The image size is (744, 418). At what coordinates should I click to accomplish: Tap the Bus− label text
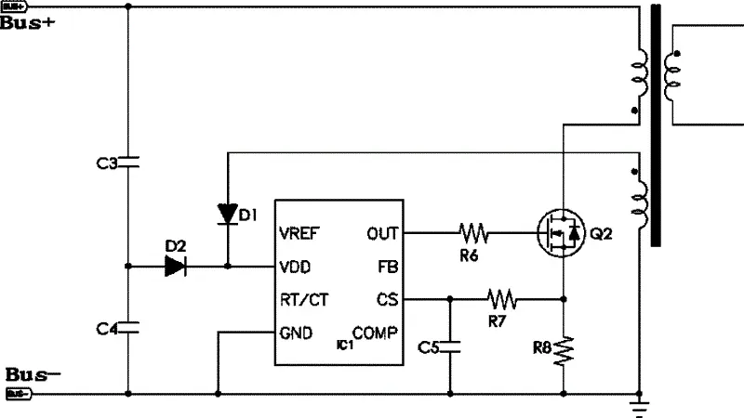tap(33, 375)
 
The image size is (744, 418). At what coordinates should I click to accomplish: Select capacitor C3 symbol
tap(128, 163)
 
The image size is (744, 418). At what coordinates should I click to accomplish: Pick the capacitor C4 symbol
tap(128, 327)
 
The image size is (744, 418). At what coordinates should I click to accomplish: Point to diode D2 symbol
tap(176, 267)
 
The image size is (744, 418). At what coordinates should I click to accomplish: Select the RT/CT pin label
tap(303, 300)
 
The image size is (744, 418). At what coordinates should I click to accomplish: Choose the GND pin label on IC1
tap(296, 333)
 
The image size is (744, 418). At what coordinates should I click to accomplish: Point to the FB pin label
tap(387, 267)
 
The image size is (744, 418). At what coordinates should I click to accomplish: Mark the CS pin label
tap(387, 300)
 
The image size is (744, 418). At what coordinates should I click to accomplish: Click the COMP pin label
tap(375, 333)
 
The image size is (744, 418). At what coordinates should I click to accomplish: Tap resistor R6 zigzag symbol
tap(473, 231)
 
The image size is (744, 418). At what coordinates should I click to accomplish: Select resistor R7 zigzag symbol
tap(503, 299)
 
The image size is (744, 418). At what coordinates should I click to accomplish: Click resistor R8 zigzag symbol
tap(564, 349)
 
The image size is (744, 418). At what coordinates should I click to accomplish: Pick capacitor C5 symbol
tap(450, 346)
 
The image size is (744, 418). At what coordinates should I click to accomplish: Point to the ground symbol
tap(639, 402)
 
